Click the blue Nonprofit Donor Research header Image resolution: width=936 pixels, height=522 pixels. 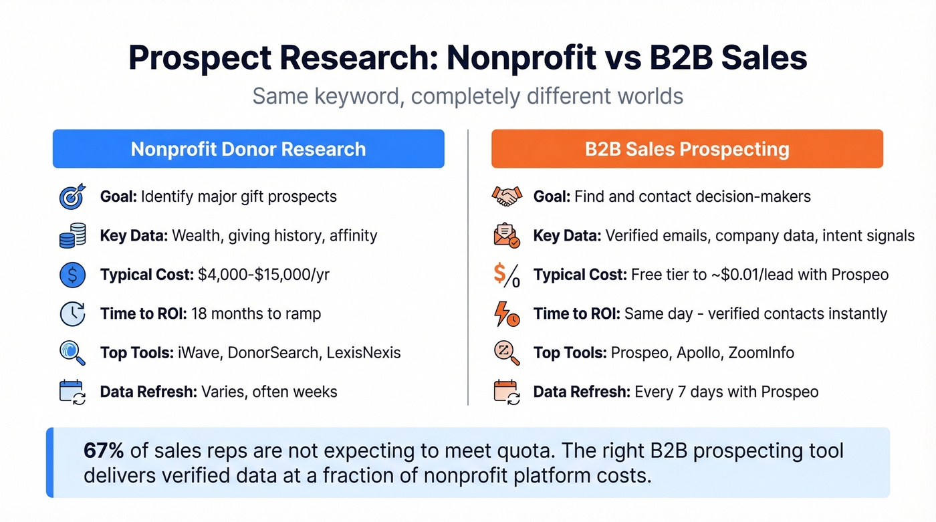[248, 148]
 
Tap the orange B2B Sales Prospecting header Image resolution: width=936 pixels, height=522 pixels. [687, 148]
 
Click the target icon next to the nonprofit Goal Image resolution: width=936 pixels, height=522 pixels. [72, 197]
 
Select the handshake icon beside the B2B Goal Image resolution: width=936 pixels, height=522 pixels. [506, 197]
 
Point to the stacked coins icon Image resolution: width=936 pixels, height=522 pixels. [72, 236]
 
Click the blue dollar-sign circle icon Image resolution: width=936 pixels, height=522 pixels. [72, 275]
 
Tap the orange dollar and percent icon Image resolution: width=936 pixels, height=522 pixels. [506, 275]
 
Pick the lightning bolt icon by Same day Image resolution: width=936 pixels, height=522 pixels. [506, 314]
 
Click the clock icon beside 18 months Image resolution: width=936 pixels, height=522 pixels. [72, 314]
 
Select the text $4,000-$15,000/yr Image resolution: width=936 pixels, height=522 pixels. [263, 275]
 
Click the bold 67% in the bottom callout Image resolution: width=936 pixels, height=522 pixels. [104, 450]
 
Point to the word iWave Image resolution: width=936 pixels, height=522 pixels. [199, 353]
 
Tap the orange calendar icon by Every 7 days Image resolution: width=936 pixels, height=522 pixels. [506, 392]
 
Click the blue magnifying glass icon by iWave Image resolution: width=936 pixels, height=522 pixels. [72, 353]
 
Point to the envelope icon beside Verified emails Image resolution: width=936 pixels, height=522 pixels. [506, 236]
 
